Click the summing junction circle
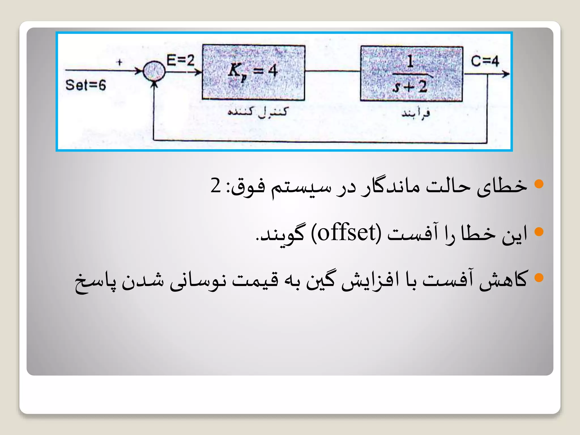click(154, 71)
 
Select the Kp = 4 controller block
click(253, 72)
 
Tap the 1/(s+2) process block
click(411, 74)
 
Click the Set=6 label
click(86, 85)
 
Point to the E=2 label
click(180, 60)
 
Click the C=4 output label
click(485, 61)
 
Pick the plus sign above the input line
click(120, 62)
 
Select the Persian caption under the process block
click(415, 113)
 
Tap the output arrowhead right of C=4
click(506, 74)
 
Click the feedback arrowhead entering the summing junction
click(154, 84)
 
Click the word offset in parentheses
click(346, 233)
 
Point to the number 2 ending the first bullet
click(216, 185)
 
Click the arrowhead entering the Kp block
click(198, 72)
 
